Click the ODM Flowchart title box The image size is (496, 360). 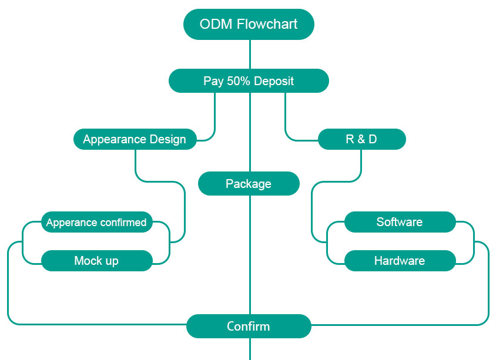[x=249, y=24]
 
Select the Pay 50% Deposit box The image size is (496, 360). [x=249, y=81]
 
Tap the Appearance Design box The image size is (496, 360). [x=135, y=139]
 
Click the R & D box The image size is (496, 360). [x=362, y=139]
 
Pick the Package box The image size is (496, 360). [x=249, y=184]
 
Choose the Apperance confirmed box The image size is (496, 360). [x=97, y=222]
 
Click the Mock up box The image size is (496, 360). [x=97, y=261]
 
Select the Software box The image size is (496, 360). [x=400, y=222]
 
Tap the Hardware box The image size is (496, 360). [x=400, y=261]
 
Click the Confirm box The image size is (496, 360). [x=249, y=326]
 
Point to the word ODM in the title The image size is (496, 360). [x=216, y=24]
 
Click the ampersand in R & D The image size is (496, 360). [x=361, y=139]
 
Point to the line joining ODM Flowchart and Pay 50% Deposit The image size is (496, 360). [x=250, y=55]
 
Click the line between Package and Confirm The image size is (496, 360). [x=250, y=255]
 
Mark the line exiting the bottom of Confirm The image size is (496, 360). [x=250, y=349]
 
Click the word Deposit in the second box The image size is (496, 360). [x=274, y=81]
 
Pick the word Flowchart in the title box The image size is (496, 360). [x=267, y=24]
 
